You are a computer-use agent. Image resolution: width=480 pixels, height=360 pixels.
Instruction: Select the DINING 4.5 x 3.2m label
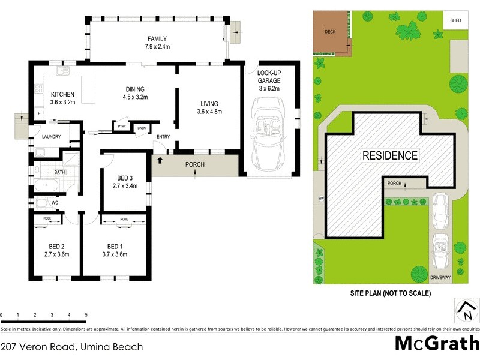[x=135, y=92]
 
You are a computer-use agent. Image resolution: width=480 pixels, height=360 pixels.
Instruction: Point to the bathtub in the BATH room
[x=47, y=185]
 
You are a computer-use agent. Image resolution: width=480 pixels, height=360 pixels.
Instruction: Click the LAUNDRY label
[x=51, y=137]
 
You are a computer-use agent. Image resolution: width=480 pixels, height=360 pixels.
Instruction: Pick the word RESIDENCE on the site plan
[x=389, y=155]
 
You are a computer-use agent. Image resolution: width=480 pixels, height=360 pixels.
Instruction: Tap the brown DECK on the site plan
[x=331, y=32]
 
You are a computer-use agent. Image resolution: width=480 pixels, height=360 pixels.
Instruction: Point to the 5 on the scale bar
[x=86, y=314]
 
